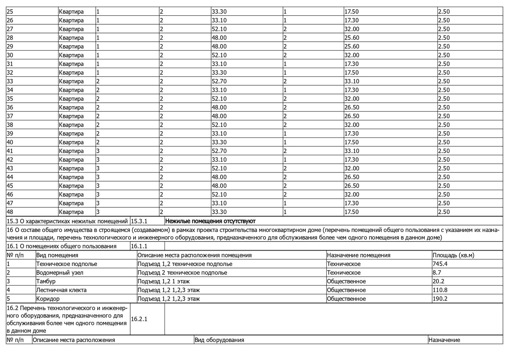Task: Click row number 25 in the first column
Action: tap(10, 12)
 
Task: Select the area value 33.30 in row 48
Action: tap(219, 212)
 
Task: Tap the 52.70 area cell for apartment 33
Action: tap(219, 81)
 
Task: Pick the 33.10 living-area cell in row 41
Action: tap(351, 151)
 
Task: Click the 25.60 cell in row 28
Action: tap(351, 38)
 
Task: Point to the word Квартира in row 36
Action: tap(71, 108)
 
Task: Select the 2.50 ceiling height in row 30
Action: tap(444, 55)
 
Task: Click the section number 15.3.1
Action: tap(139, 221)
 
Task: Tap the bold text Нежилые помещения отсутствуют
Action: tap(210, 221)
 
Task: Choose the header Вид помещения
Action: tap(57, 255)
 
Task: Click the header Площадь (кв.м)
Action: tap(453, 255)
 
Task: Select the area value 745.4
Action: tap(440, 264)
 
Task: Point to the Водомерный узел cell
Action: tap(60, 273)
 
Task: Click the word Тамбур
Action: tap(46, 281)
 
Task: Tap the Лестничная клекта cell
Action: tap(61, 290)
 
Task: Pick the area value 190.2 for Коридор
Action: tap(440, 299)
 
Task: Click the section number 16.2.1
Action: tap(139, 319)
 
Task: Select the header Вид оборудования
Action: tap(219, 340)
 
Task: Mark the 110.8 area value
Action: tap(440, 290)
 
